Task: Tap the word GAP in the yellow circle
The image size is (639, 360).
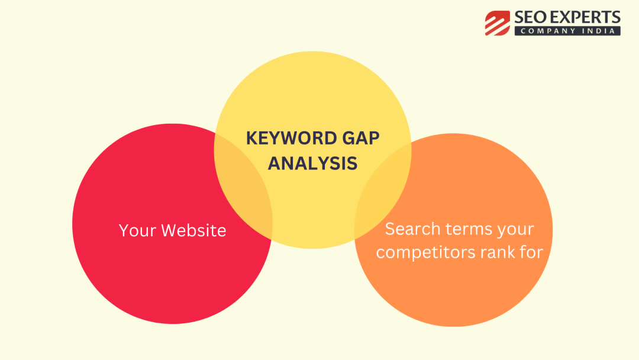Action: (x=361, y=138)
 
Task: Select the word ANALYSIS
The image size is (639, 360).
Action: (x=312, y=163)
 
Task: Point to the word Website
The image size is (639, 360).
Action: (x=193, y=230)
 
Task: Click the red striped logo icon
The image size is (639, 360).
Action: (x=497, y=23)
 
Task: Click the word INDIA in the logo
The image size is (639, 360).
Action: (x=599, y=31)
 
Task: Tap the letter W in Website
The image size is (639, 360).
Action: (x=170, y=230)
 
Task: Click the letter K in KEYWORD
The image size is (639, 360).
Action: (x=252, y=138)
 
